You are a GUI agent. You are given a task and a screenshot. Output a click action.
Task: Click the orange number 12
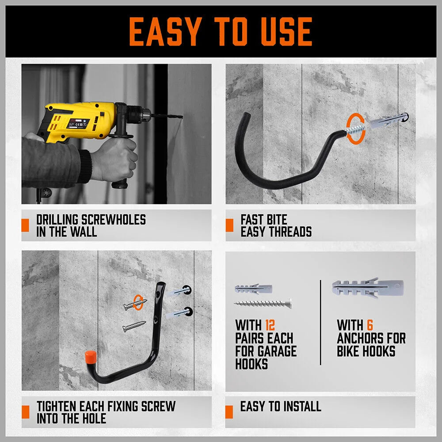(270, 326)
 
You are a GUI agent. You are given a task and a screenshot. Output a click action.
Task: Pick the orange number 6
(370, 326)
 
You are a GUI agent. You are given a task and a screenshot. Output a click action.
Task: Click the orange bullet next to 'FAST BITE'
(229, 225)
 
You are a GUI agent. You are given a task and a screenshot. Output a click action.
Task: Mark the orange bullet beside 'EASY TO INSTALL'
(229, 412)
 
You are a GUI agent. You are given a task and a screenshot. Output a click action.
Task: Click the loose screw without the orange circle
(134, 327)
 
